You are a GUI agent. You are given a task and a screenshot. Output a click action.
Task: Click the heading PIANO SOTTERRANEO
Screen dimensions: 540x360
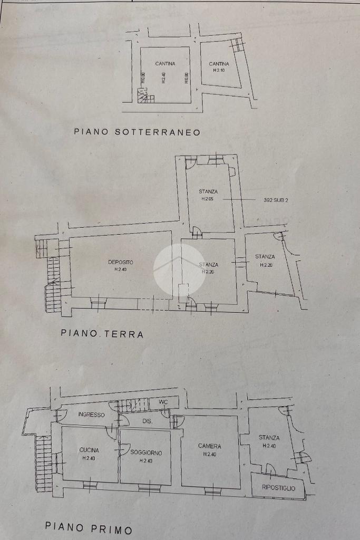tap(137, 132)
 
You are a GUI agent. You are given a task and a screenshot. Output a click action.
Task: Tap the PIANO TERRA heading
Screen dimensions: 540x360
tap(102, 333)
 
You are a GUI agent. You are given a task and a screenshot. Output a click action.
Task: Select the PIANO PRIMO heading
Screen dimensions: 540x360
tap(89, 527)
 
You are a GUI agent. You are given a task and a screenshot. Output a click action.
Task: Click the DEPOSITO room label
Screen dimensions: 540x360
tap(121, 262)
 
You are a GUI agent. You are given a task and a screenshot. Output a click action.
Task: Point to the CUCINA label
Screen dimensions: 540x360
tap(89, 450)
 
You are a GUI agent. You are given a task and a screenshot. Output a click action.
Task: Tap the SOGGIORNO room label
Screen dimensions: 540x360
tap(146, 452)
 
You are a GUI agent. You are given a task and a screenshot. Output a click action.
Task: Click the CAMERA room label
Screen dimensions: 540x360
tap(210, 446)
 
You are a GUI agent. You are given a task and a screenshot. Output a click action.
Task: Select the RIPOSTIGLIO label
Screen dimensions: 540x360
tap(278, 488)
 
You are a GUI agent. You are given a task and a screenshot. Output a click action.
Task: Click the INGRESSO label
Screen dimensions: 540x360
tap(91, 414)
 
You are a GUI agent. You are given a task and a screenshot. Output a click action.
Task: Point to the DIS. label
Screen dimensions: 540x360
tap(148, 421)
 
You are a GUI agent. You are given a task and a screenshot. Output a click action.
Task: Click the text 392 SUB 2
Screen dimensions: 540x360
tap(276, 200)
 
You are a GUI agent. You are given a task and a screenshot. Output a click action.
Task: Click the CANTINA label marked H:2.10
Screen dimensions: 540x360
tap(219, 64)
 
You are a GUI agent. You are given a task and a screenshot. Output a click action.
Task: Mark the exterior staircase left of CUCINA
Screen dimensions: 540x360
tap(43, 464)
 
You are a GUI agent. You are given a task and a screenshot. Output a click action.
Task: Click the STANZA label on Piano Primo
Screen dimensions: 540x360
tap(269, 437)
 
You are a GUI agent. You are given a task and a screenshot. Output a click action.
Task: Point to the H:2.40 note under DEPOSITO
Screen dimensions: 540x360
tap(121, 269)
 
